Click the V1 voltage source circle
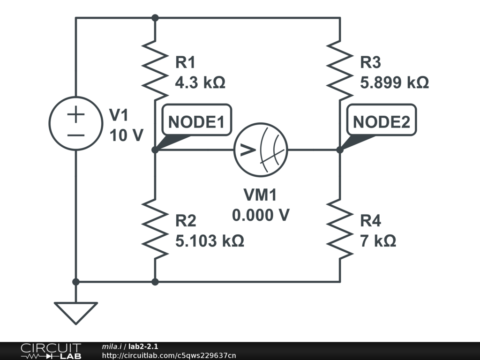coord(76,123)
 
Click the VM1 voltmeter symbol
coord(261,150)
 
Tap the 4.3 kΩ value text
coord(200,83)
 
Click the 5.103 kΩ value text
coord(210,241)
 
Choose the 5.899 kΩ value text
coord(394,83)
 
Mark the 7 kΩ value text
coord(378,241)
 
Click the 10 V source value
coord(126,135)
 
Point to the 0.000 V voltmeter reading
coord(261,215)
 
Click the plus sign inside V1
coord(76,114)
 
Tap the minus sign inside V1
coord(76,135)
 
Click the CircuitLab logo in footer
coord(51,351)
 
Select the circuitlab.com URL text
coord(169,355)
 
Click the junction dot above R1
coord(155,18)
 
